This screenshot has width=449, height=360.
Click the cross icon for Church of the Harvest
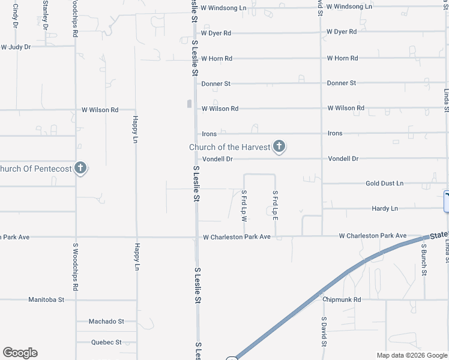[279, 146]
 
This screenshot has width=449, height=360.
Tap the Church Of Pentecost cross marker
[81, 169]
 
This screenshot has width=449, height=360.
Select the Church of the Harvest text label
[230, 147]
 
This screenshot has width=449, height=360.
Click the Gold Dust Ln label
[384, 183]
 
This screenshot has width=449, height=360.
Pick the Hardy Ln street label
[385, 208]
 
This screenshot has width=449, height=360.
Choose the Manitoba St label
[46, 299]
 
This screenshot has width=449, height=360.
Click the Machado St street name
[106, 322]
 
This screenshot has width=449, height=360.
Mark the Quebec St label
[106, 343]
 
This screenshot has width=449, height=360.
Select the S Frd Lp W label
[244, 206]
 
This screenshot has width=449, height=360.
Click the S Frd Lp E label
[275, 205]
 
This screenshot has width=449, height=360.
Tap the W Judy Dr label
[16, 46]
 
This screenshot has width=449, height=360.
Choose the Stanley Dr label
[45, 15]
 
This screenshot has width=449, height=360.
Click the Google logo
[20, 353]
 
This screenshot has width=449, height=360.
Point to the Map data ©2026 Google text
[411, 355]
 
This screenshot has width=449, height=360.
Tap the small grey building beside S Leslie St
[190, 104]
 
